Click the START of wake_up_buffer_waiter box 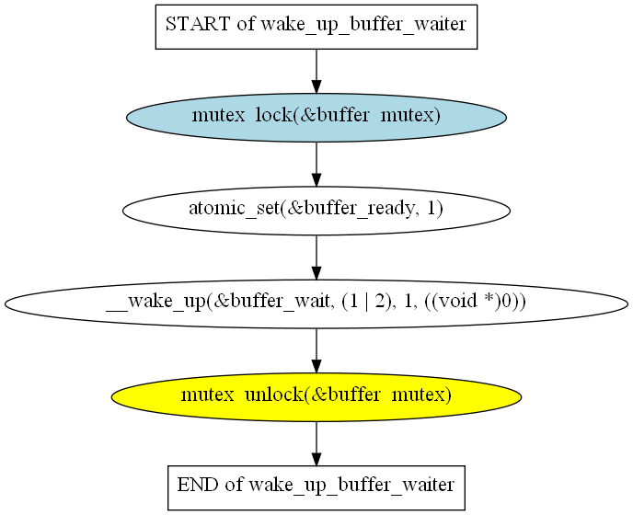pos(316,25)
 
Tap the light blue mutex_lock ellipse pos(316,117)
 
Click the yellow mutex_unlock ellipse pos(316,395)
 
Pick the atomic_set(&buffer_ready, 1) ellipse pos(316,210)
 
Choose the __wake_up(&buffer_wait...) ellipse pos(316,303)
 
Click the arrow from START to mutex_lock pos(316,70)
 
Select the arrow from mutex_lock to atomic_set pos(316,163)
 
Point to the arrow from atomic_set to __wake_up pos(316,256)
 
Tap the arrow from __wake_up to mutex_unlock pos(316,349)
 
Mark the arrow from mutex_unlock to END pos(316,441)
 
